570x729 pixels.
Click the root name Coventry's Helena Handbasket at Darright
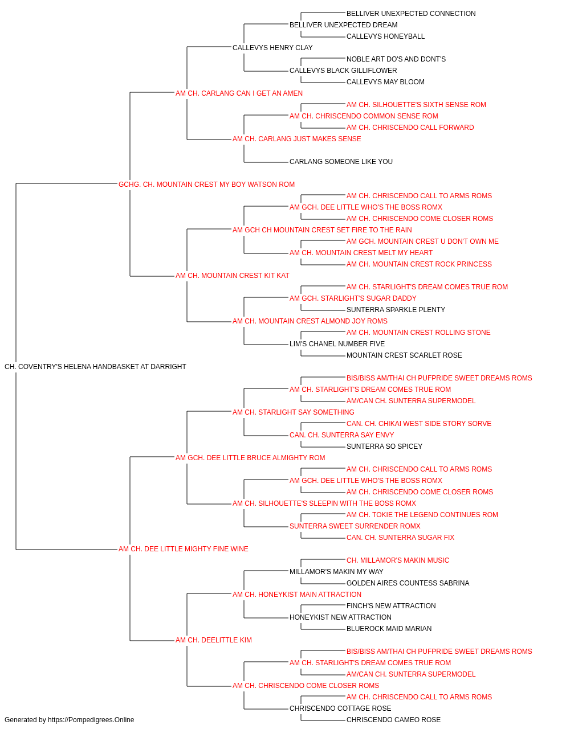coord(95,367)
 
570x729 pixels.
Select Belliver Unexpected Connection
coord(411,14)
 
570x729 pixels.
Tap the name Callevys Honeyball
coord(385,36)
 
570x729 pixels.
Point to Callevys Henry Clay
coord(272,48)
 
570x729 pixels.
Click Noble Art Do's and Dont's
coord(396,59)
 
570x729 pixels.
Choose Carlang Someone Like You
coord(341,162)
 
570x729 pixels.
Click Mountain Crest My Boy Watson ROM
coord(206,185)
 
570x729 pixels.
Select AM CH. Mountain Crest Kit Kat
coord(233,276)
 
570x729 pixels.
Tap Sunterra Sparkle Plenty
coord(396,310)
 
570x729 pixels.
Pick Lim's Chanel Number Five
coord(337,344)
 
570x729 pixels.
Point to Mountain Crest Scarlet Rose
coord(404,355)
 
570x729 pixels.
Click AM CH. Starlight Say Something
coord(294,412)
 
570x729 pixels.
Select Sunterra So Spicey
coord(384,447)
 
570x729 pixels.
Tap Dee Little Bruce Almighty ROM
coord(250,458)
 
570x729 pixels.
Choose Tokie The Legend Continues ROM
coord(422,515)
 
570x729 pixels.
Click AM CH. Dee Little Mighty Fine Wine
coord(184,549)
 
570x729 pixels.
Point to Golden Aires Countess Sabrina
coord(408,583)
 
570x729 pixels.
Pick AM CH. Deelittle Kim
coord(214,640)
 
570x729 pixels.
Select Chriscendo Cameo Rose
coord(393,720)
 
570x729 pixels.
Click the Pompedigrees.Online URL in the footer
coord(91,720)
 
